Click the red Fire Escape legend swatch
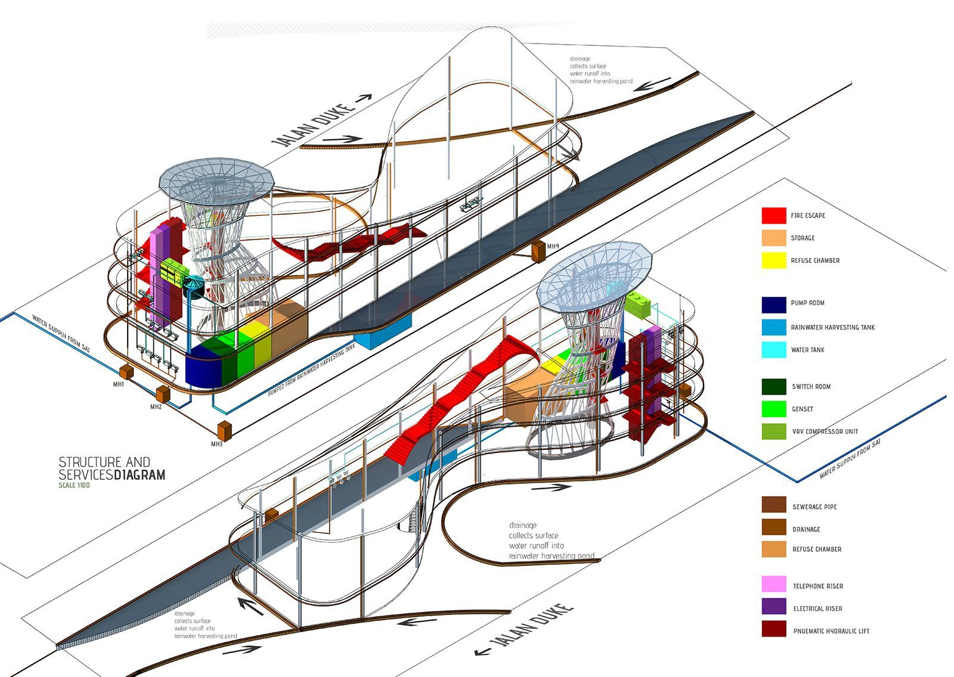(773, 215)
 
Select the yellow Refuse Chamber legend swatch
(773, 260)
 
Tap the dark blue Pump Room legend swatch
(773, 305)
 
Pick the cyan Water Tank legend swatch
(773, 350)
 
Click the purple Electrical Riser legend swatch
(773, 607)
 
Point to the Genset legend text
(803, 409)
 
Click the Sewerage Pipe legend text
(814, 507)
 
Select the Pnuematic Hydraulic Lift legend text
(831, 631)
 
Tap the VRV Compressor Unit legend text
(825, 431)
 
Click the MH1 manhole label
(119, 384)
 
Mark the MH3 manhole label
(216, 444)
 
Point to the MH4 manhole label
(553, 246)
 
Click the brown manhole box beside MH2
(162, 393)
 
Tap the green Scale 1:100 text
(74, 485)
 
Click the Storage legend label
(803, 238)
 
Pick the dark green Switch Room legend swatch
(773, 387)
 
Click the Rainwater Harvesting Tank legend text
(833, 328)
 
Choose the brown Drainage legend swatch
(773, 528)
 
